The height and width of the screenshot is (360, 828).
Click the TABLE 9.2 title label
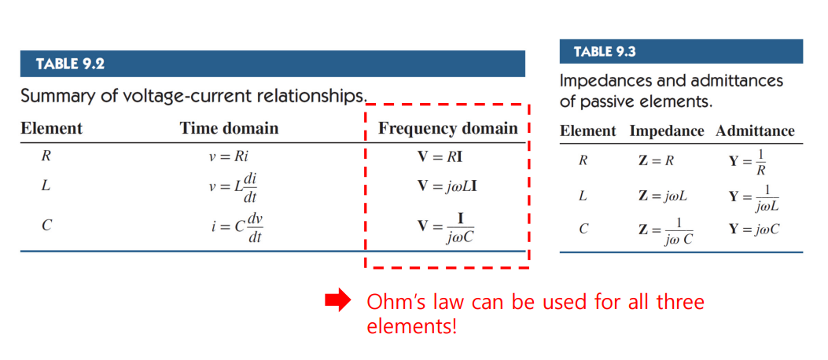(x=70, y=64)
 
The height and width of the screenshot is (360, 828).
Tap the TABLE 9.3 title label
(x=605, y=52)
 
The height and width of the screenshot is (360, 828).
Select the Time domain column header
(x=229, y=129)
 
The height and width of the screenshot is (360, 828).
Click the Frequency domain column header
(x=447, y=129)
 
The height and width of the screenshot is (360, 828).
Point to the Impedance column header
(x=666, y=131)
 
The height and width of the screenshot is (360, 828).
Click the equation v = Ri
(x=229, y=156)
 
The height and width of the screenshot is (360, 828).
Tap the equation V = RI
(x=440, y=156)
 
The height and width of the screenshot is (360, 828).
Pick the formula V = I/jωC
(x=445, y=226)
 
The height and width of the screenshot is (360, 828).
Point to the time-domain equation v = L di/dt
(x=233, y=187)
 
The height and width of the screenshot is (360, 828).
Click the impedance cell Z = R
(x=656, y=161)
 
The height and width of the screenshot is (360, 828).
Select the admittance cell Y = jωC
(x=757, y=230)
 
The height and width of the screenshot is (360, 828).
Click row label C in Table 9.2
(x=46, y=226)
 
